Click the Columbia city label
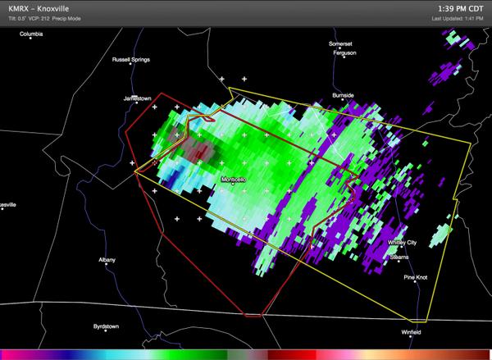pos(31,34)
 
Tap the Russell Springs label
pos(133,61)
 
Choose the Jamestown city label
pos(137,98)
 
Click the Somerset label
pos(340,43)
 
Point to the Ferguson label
pos(344,52)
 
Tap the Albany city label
pos(107,260)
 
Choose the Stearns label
pos(399,257)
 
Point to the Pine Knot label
pos(416,278)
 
